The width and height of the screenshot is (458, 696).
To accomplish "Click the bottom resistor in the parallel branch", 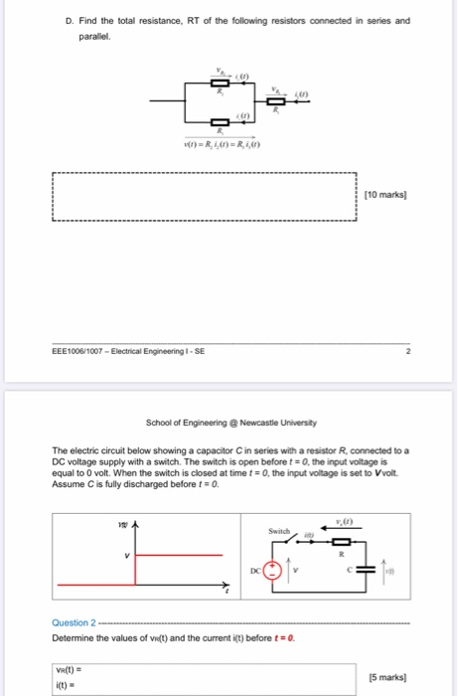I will point(221,122).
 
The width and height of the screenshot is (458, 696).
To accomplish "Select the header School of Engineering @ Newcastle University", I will point(229,421).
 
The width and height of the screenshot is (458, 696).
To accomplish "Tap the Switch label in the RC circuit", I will point(278,532).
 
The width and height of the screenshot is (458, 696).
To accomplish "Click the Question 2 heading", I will point(74,622).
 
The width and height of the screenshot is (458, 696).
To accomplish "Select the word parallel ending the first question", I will point(94,36).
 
